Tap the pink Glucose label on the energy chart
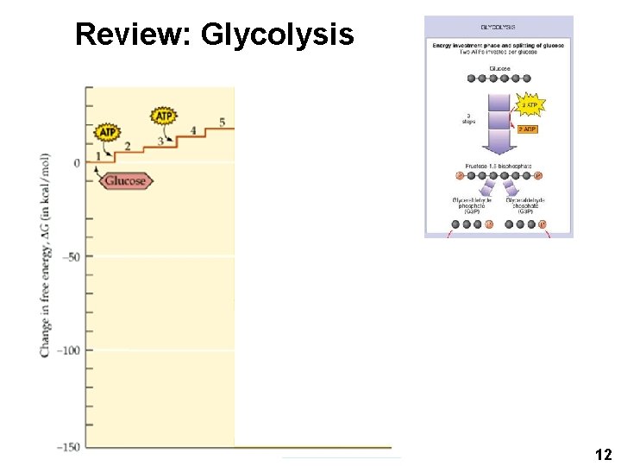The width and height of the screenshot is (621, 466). pyautogui.click(x=125, y=181)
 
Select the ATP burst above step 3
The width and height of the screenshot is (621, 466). pyautogui.click(x=164, y=116)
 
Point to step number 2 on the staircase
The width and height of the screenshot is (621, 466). pyautogui.click(x=128, y=146)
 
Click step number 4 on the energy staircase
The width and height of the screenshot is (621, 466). pyautogui.click(x=192, y=130)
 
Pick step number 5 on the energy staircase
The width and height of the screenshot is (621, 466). pyautogui.click(x=222, y=122)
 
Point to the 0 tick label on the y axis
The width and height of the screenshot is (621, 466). pyautogui.click(x=76, y=163)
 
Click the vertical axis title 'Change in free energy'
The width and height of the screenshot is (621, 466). pyautogui.click(x=44, y=255)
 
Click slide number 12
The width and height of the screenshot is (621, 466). pyautogui.click(x=604, y=454)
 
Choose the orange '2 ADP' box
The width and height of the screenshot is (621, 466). pyautogui.click(x=527, y=129)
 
